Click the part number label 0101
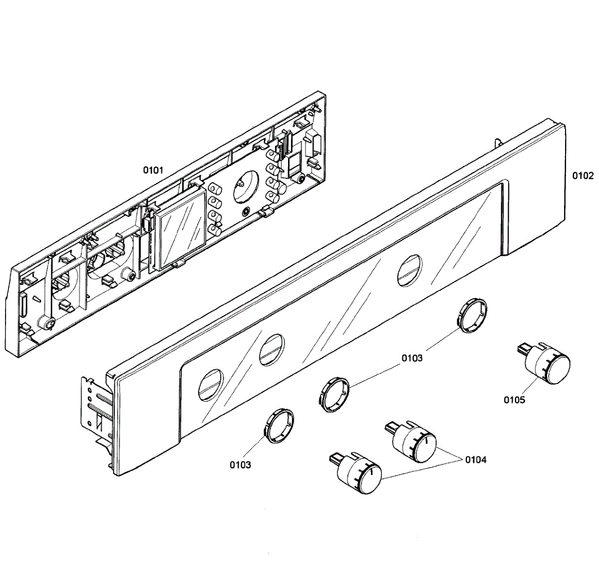tap(153, 170)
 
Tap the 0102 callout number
tap(583, 176)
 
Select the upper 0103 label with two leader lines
tap(412, 358)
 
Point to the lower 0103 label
tap(240, 465)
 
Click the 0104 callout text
tap(476, 460)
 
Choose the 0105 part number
tap(514, 400)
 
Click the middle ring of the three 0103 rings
tap(334, 394)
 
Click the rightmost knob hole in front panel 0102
tap(409, 270)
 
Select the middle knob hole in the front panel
tap(272, 347)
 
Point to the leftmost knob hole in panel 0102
tap(211, 384)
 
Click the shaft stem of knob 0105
tap(523, 349)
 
